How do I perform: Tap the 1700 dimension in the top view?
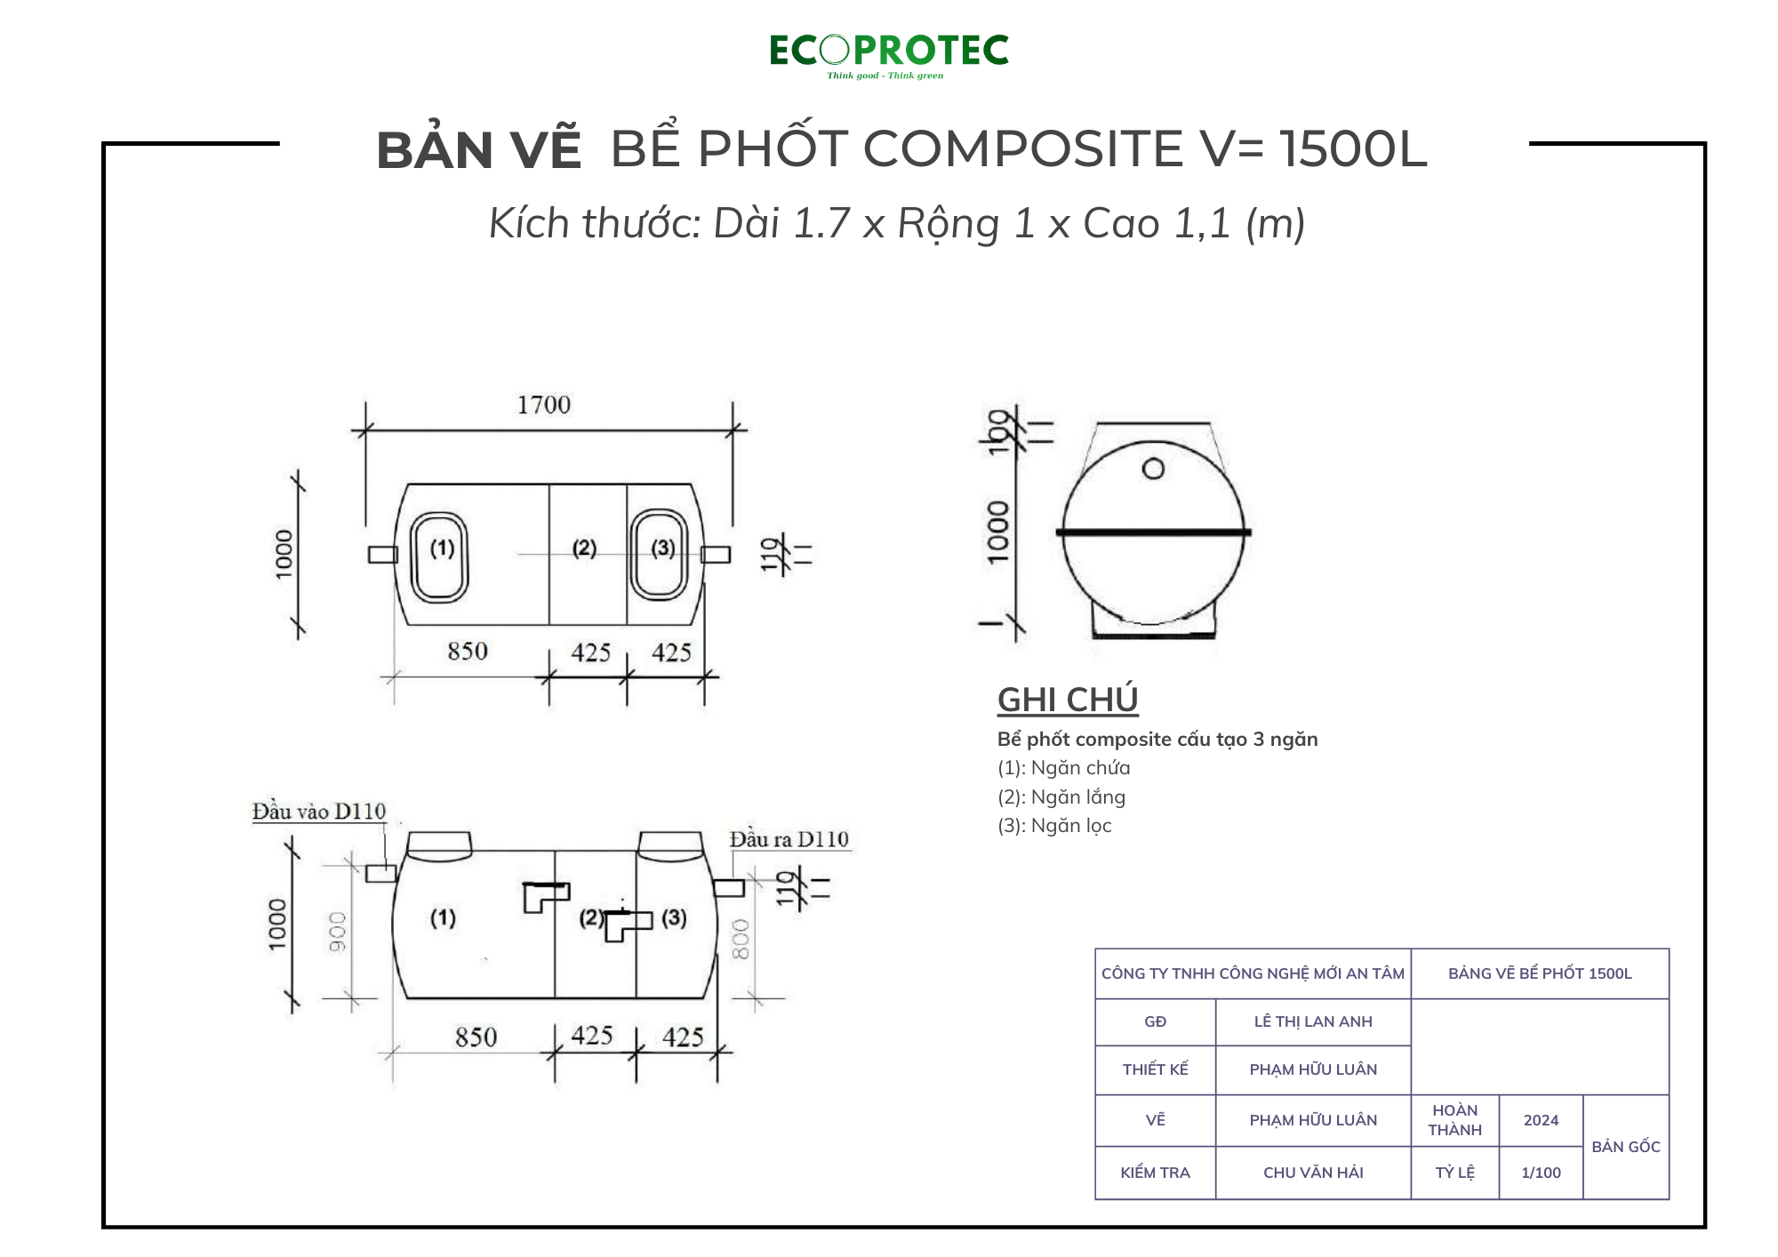(x=544, y=405)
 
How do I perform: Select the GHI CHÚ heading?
(x=1067, y=700)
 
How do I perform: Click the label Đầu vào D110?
(x=318, y=812)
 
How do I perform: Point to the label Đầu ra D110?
(x=789, y=839)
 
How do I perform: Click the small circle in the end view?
(x=1153, y=468)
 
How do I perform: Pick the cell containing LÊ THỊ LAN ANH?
(x=1312, y=1022)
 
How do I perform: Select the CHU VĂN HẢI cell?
(x=1312, y=1173)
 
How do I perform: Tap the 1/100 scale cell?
(x=1541, y=1173)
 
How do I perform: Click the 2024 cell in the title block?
(x=1541, y=1120)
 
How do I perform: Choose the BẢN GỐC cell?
(x=1625, y=1147)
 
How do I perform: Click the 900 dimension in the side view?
(x=338, y=932)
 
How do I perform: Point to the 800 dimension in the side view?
(x=741, y=940)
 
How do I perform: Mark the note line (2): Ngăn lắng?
(x=1061, y=797)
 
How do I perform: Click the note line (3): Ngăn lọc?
(x=1054, y=826)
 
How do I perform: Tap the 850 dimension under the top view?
(x=468, y=652)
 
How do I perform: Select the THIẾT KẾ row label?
(x=1155, y=1069)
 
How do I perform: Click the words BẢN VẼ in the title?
(x=478, y=150)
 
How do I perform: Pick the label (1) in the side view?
(x=443, y=917)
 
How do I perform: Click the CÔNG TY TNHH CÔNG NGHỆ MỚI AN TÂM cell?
(x=1253, y=973)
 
